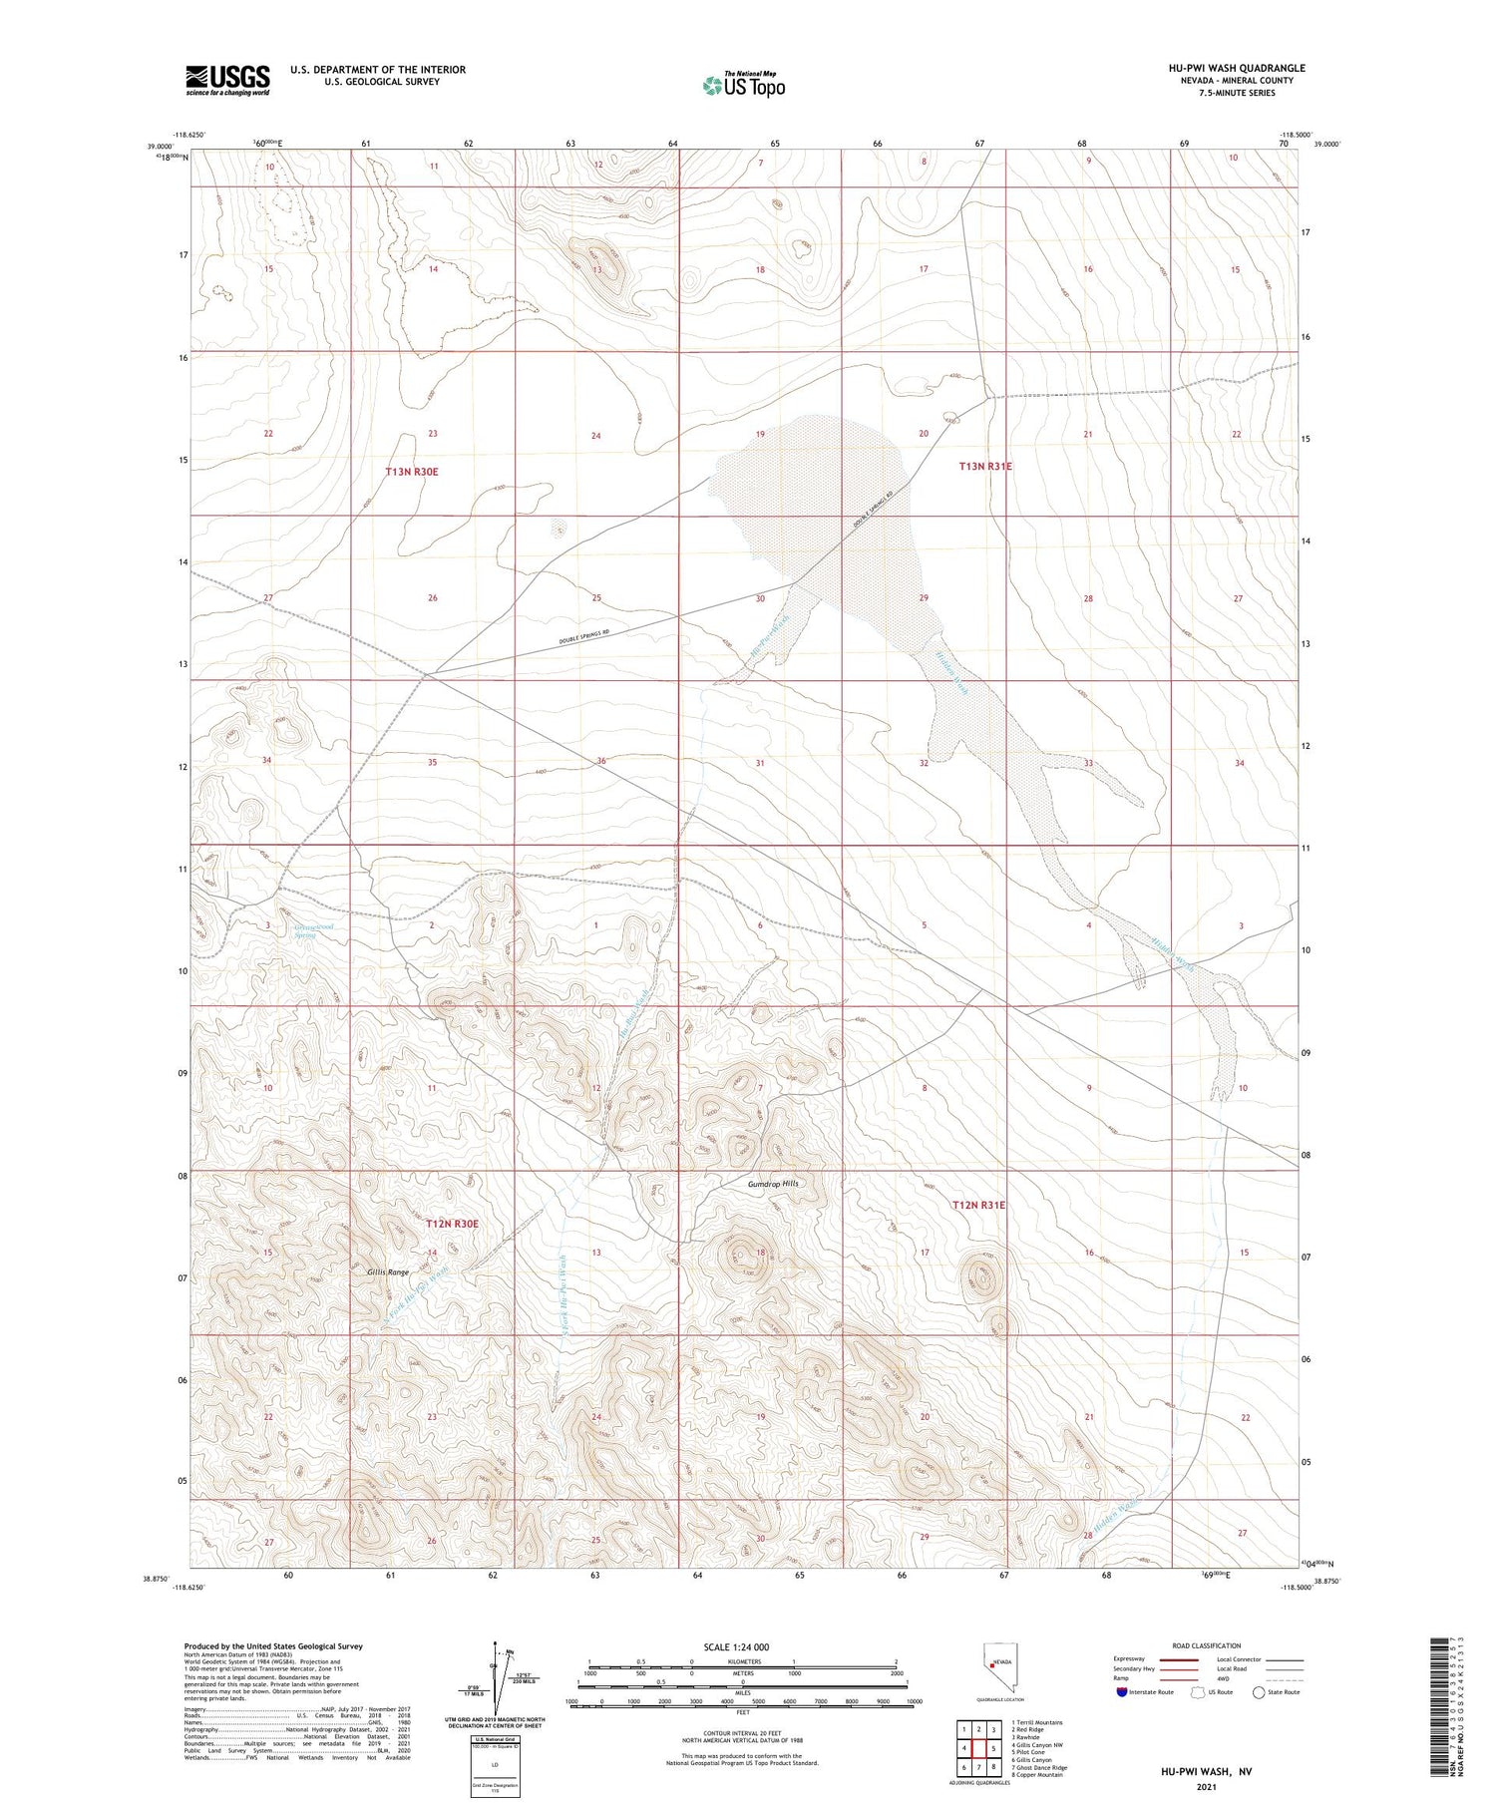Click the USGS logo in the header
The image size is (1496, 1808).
(227, 80)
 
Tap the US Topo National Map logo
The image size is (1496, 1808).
(744, 85)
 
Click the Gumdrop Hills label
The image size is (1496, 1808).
(773, 1184)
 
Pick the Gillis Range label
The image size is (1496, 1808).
(388, 1272)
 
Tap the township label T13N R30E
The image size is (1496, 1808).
(412, 472)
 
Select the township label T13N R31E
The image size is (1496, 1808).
(985, 467)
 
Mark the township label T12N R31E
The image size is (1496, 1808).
(978, 1206)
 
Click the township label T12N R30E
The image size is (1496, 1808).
(453, 1224)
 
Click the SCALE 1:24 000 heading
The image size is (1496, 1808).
(737, 1646)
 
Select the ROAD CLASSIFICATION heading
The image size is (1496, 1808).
(1207, 1645)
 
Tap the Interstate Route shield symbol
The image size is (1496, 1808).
(1122, 1691)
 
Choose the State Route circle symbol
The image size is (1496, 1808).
(1260, 1691)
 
